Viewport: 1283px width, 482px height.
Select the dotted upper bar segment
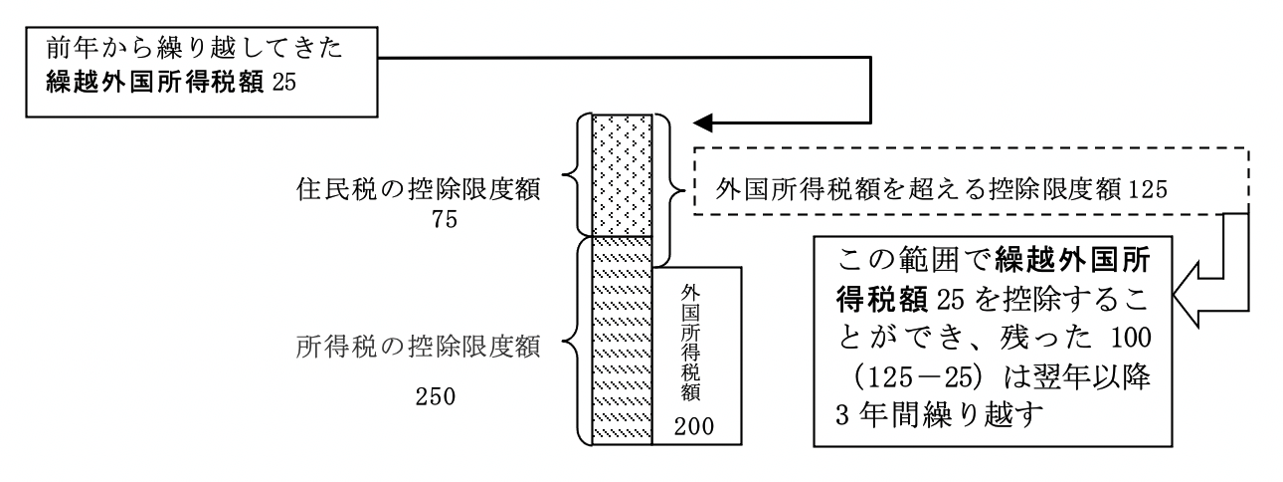point(622,175)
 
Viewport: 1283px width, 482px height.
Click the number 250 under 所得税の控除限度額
point(435,396)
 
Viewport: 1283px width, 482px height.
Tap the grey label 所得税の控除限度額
point(418,348)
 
